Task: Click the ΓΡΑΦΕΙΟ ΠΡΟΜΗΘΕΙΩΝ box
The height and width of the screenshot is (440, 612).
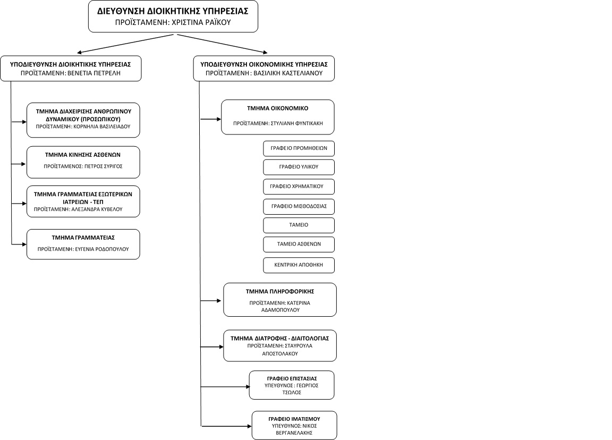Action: (299, 148)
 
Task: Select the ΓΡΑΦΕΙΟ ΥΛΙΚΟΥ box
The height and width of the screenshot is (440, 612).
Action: (299, 167)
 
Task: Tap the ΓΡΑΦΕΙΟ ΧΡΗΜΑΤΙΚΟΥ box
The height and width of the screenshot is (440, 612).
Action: (299, 187)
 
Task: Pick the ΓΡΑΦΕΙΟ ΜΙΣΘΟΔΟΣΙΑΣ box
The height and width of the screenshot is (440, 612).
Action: (299, 207)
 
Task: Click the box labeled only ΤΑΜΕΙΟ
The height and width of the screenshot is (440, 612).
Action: (299, 225)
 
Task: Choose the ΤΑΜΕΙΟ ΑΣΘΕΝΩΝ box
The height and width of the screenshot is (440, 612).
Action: (299, 244)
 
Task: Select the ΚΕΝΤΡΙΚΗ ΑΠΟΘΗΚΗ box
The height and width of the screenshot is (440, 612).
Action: (299, 265)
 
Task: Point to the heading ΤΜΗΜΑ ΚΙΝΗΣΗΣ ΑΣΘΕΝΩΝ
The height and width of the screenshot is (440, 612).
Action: (83, 155)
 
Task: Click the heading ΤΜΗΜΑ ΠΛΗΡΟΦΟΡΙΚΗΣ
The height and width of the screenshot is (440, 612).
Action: (280, 291)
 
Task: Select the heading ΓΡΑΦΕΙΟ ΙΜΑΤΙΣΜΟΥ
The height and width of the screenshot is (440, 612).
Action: (294, 419)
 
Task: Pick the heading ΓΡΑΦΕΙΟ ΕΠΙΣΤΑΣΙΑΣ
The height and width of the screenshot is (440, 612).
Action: (292, 378)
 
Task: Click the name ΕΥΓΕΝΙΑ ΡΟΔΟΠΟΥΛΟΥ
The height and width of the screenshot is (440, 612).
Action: (102, 249)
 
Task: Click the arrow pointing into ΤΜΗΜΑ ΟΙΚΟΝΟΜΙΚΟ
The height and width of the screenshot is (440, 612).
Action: (211, 119)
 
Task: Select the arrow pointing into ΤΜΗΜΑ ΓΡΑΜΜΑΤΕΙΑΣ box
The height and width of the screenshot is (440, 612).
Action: (19, 244)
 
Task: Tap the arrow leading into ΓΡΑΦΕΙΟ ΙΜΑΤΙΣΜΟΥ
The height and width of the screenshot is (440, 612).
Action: (226, 426)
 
